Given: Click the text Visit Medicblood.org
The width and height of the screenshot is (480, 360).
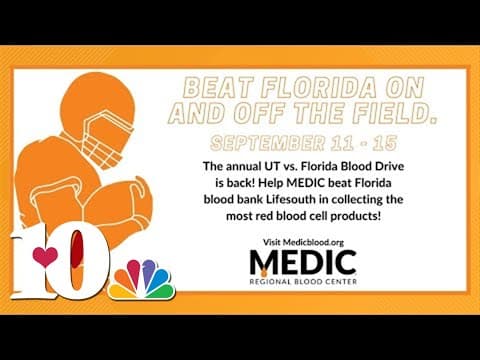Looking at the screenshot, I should click(x=303, y=242).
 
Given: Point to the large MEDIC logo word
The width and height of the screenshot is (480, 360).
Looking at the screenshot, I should click(x=303, y=263).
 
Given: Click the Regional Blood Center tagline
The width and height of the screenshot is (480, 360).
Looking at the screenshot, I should click(x=303, y=282).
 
